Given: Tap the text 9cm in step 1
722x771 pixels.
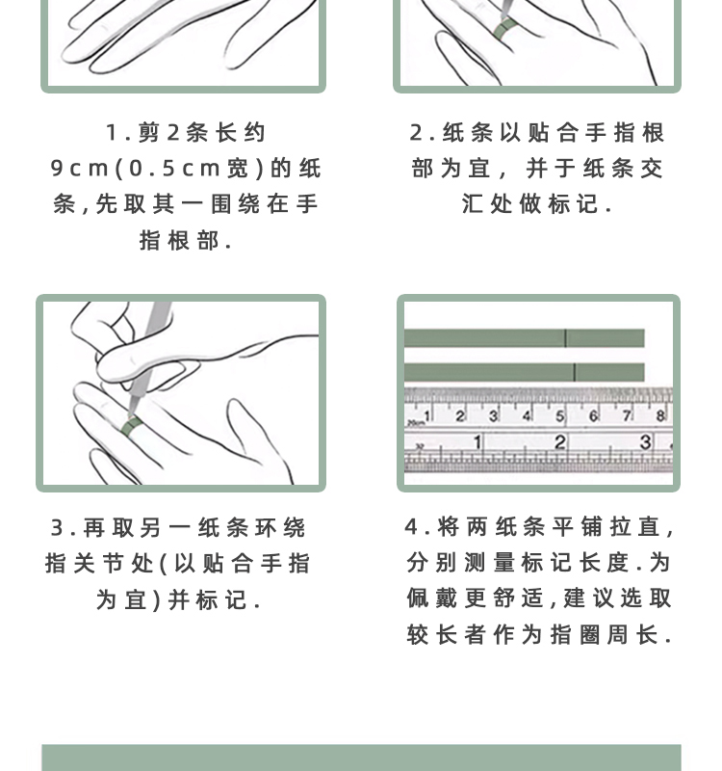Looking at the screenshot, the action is pos(80,169).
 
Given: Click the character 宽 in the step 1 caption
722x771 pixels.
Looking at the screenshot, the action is pos(238,169).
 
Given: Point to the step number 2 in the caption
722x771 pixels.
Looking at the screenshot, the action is pos(417,133).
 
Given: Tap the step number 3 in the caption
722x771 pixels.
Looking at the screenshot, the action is pos(57,528).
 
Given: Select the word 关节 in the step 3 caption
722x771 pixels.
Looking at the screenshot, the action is pos(98,564).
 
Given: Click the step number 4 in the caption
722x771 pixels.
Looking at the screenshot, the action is pos(412,527).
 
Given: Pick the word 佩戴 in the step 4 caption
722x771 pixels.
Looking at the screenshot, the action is pos(431,598).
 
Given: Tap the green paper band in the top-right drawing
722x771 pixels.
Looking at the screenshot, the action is pos(503,30).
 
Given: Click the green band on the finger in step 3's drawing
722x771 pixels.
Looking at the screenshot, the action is pos(131,425).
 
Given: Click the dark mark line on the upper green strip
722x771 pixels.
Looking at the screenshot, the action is pos(565,338).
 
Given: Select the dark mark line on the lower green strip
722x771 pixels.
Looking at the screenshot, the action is pos(574,372).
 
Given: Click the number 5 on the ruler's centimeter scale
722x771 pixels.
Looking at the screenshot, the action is pos(560,416).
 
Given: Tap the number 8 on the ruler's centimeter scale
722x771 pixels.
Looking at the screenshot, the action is pos(660,416).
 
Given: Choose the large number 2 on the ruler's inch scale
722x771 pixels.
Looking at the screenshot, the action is pos(559,442).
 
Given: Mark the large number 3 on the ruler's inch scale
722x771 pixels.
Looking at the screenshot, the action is pos(645,441).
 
